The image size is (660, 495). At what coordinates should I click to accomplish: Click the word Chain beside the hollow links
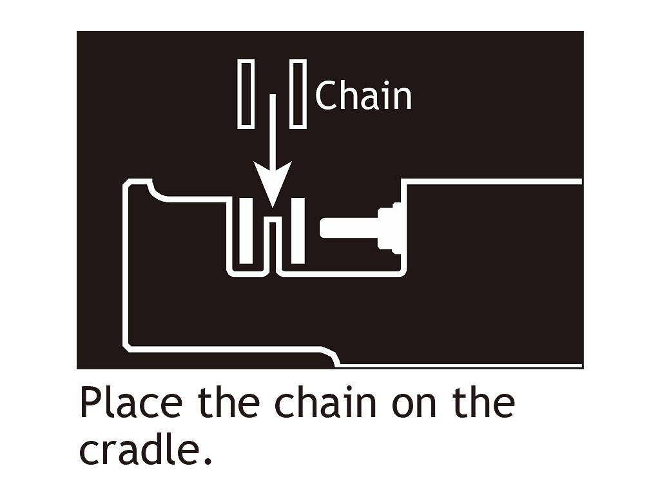pyautogui.click(x=364, y=96)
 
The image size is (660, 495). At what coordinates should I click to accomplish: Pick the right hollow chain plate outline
pyautogui.click(x=297, y=93)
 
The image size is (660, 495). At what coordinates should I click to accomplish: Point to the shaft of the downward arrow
pyautogui.click(x=273, y=129)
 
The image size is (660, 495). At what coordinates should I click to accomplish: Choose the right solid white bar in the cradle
pyautogui.click(x=298, y=231)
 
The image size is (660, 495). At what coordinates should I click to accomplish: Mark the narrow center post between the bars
pyautogui.click(x=273, y=245)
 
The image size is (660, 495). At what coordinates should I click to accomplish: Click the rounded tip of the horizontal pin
pyautogui.click(x=324, y=228)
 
